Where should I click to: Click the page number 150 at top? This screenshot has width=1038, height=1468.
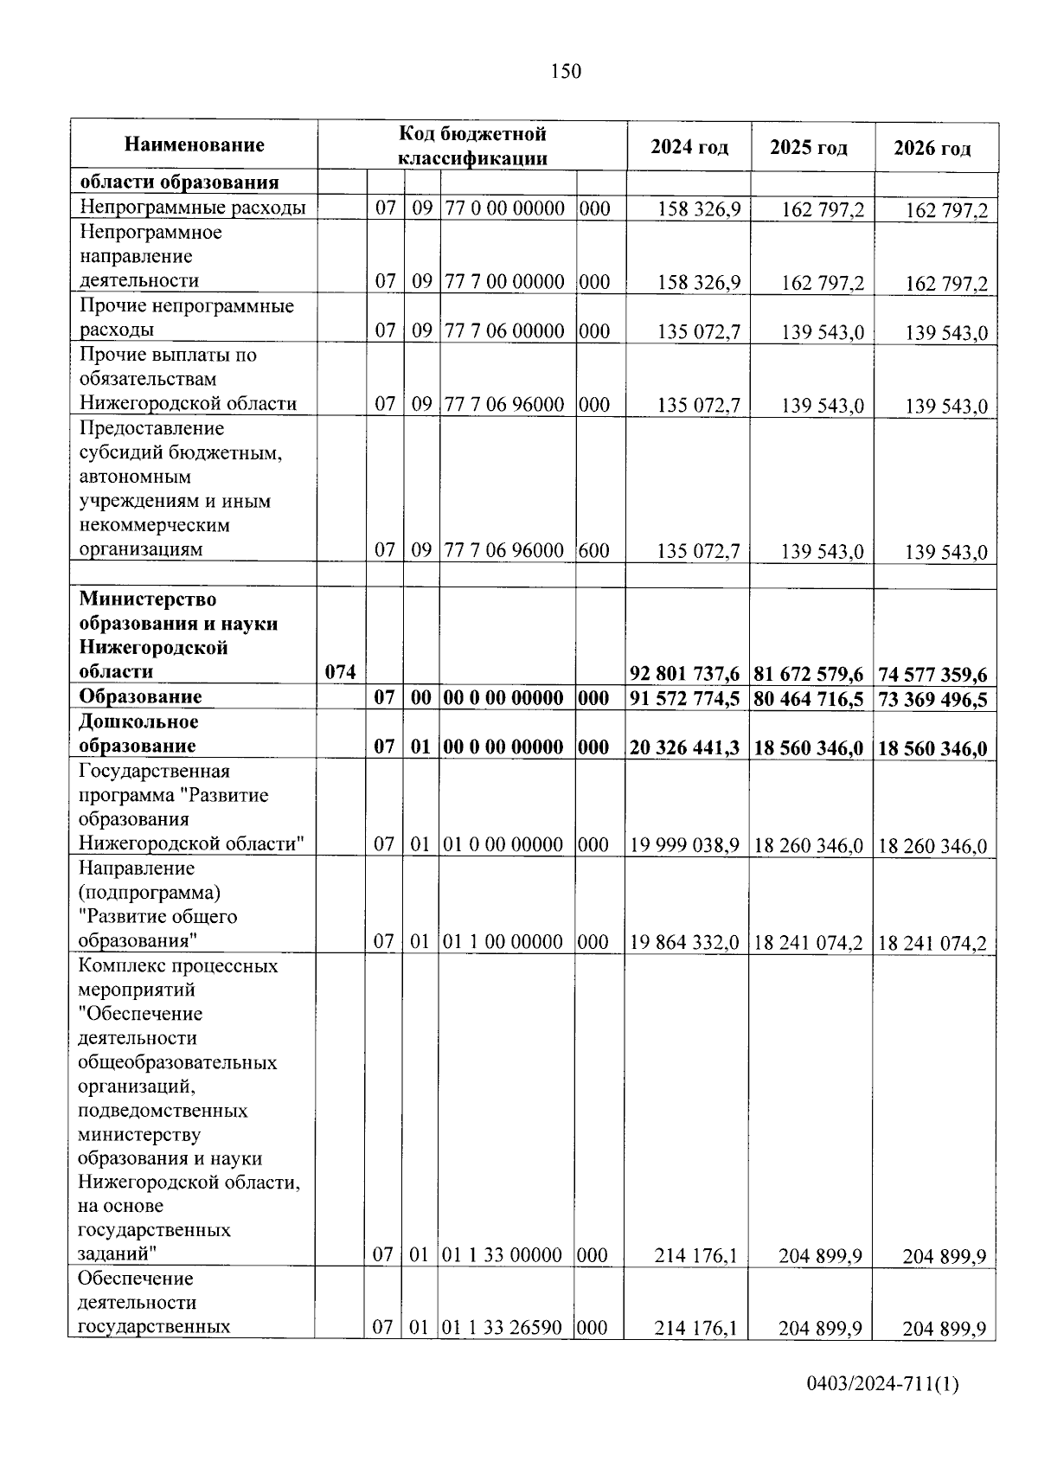click(566, 72)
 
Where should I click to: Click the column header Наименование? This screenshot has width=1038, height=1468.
click(194, 145)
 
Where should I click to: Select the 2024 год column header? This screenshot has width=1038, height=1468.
click(689, 147)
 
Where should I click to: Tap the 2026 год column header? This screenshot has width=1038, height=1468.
click(932, 149)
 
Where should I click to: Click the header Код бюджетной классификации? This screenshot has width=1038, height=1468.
click(472, 145)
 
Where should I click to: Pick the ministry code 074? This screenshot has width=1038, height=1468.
click(341, 672)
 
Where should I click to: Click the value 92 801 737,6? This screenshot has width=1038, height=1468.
click(685, 674)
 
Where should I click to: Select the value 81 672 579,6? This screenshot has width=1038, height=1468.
click(809, 674)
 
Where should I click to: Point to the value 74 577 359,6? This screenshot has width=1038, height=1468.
click(932, 675)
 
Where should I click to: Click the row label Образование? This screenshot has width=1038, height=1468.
click(140, 697)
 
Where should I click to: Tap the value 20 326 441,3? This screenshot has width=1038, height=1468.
click(685, 748)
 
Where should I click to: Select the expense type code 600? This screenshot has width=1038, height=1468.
click(594, 550)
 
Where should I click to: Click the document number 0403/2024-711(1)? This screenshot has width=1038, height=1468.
click(882, 1385)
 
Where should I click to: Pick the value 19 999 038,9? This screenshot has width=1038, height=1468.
click(685, 845)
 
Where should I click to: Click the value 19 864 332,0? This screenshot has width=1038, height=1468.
click(685, 942)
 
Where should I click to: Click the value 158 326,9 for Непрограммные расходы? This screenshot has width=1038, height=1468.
click(699, 209)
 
